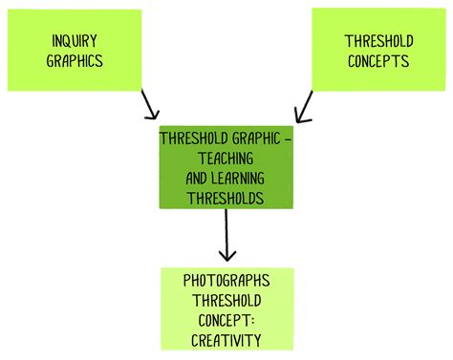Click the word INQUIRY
(75, 41)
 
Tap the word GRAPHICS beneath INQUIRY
(75, 60)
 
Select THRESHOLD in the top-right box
(377, 41)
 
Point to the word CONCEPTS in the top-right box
(377, 60)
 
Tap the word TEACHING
(226, 157)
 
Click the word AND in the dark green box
(192, 177)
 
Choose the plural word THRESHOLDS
(226, 198)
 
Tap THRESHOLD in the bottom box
(226, 300)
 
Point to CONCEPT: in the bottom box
(226, 320)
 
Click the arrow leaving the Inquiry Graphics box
(148, 103)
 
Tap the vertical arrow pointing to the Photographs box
(226, 234)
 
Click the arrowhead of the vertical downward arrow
(226, 256)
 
